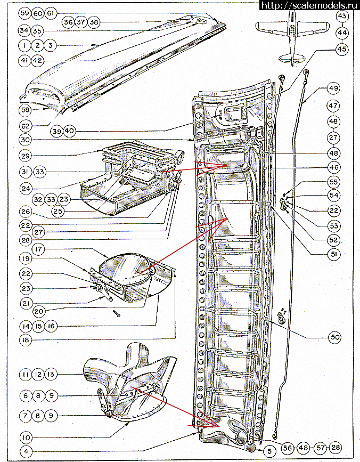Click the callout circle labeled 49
[333, 88]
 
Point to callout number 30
[24, 140]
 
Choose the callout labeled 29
[24, 155]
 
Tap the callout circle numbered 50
[334, 337]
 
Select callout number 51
[334, 255]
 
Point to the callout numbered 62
[24, 126]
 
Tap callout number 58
[24, 109]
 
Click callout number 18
[24, 339]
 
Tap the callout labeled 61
[51, 13]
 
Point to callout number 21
[24, 303]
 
